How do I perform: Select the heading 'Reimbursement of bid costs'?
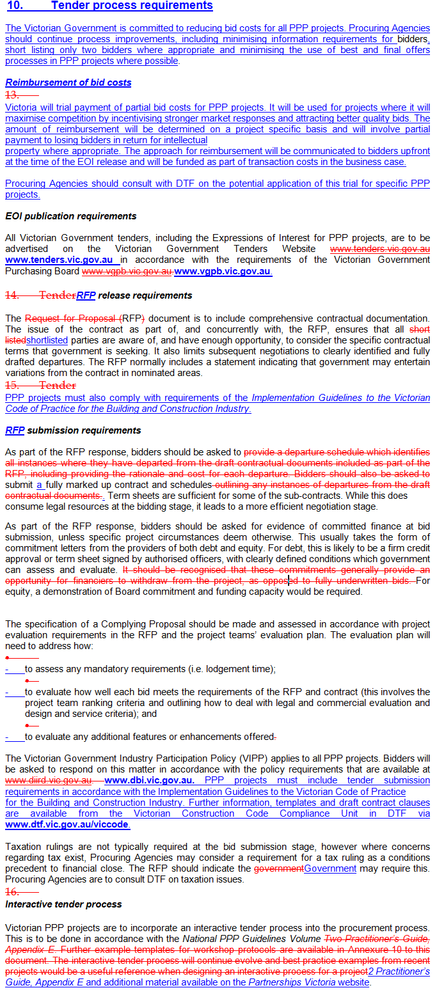(68, 82)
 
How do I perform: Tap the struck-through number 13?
(12, 94)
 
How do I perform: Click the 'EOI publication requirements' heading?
(70, 216)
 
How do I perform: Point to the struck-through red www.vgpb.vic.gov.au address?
(127, 271)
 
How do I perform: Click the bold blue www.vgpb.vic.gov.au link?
(222, 271)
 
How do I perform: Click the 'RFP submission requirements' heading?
(73, 430)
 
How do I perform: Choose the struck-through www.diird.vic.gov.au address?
(48, 780)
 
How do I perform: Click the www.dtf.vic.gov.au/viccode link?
(67, 825)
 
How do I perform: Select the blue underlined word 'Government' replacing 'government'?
(330, 868)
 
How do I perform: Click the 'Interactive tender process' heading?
(63, 904)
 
